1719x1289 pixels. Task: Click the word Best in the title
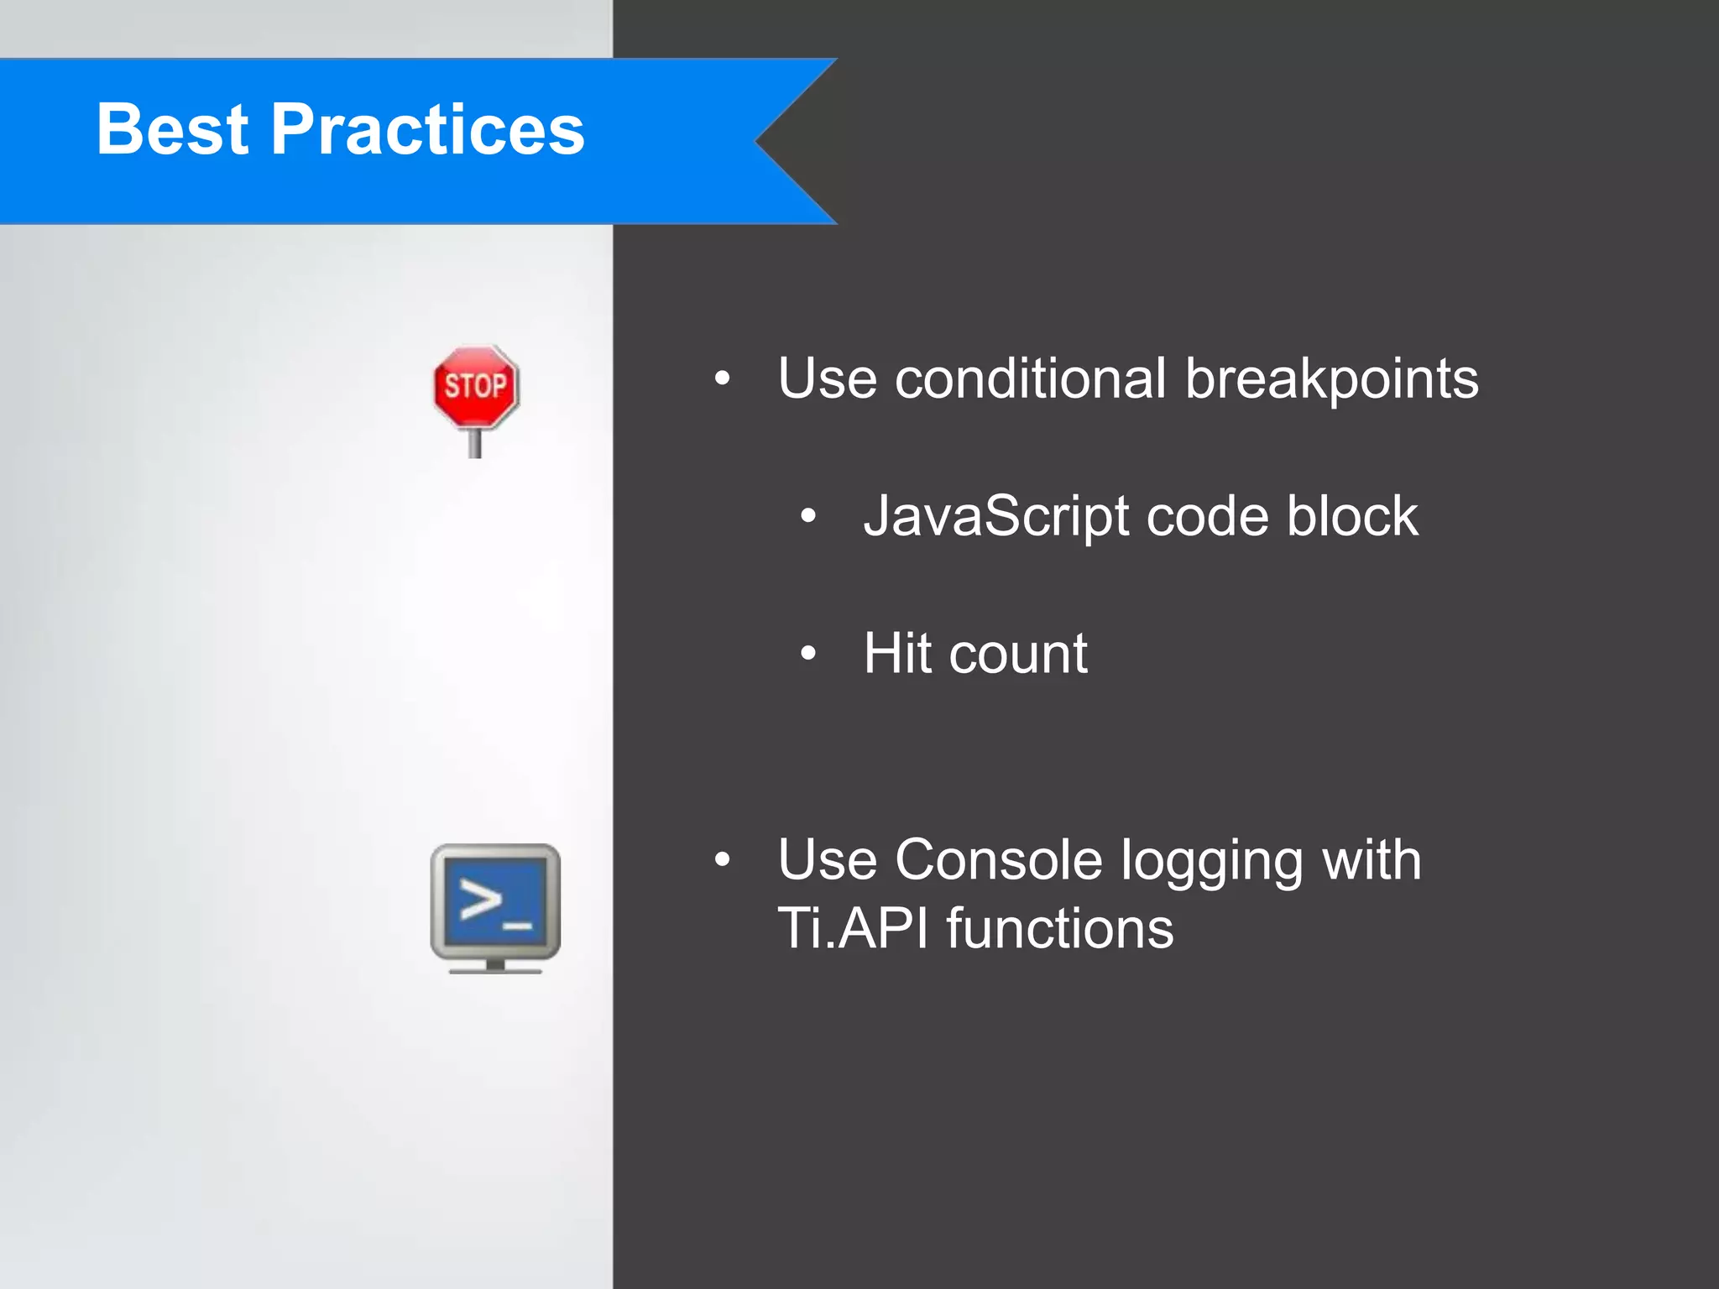point(172,129)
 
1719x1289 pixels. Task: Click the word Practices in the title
point(427,129)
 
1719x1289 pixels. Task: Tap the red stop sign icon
point(476,387)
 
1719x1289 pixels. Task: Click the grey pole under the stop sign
point(475,442)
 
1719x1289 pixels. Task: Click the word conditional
point(1030,378)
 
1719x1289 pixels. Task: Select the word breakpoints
point(1331,380)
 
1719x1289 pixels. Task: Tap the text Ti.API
point(853,929)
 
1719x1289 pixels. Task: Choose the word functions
point(1060,929)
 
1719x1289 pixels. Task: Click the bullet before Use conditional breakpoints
point(722,379)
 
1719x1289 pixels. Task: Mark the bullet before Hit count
point(807,654)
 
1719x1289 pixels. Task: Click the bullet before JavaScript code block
point(807,517)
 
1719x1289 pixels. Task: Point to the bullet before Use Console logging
point(722,860)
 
